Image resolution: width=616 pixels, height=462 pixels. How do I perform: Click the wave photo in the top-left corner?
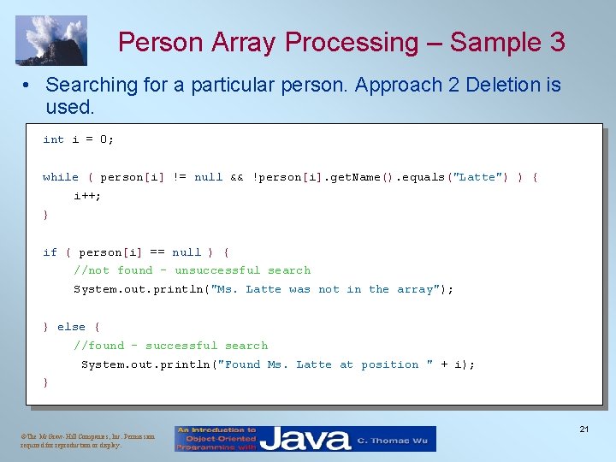click(50, 40)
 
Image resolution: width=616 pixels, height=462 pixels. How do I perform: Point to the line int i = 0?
click(78, 139)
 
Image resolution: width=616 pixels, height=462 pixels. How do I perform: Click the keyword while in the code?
click(60, 177)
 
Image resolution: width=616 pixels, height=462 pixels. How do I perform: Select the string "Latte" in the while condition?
click(478, 177)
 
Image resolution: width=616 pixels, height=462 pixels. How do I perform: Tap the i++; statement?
click(86, 196)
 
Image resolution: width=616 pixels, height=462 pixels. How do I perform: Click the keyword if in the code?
click(50, 252)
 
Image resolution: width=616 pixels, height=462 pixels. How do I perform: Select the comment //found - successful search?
click(170, 346)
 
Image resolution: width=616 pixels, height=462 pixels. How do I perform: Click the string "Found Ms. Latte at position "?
click(325, 364)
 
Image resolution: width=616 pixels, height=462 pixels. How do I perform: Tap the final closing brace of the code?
click(46, 383)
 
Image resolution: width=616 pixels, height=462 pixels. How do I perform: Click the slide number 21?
click(583, 429)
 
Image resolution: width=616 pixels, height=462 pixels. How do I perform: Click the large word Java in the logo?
click(305, 439)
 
